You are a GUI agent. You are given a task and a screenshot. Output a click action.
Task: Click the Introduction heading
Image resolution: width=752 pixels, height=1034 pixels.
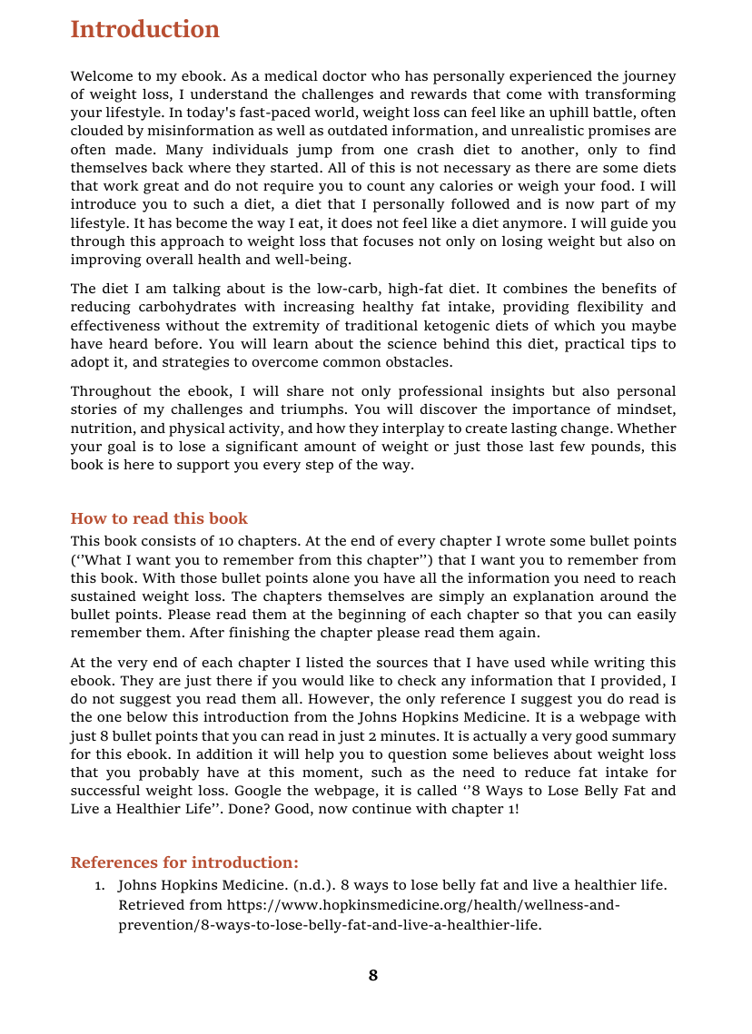pos(144,30)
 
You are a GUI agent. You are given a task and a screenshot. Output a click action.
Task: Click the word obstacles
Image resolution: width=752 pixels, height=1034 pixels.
pos(414,361)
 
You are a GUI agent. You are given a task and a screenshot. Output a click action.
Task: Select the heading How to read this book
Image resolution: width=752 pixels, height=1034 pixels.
pos(159,518)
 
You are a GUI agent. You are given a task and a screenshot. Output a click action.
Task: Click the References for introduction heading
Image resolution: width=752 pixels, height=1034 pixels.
pos(184,862)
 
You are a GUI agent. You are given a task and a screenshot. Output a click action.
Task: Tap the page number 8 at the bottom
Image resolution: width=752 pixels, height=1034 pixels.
pos(373,976)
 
